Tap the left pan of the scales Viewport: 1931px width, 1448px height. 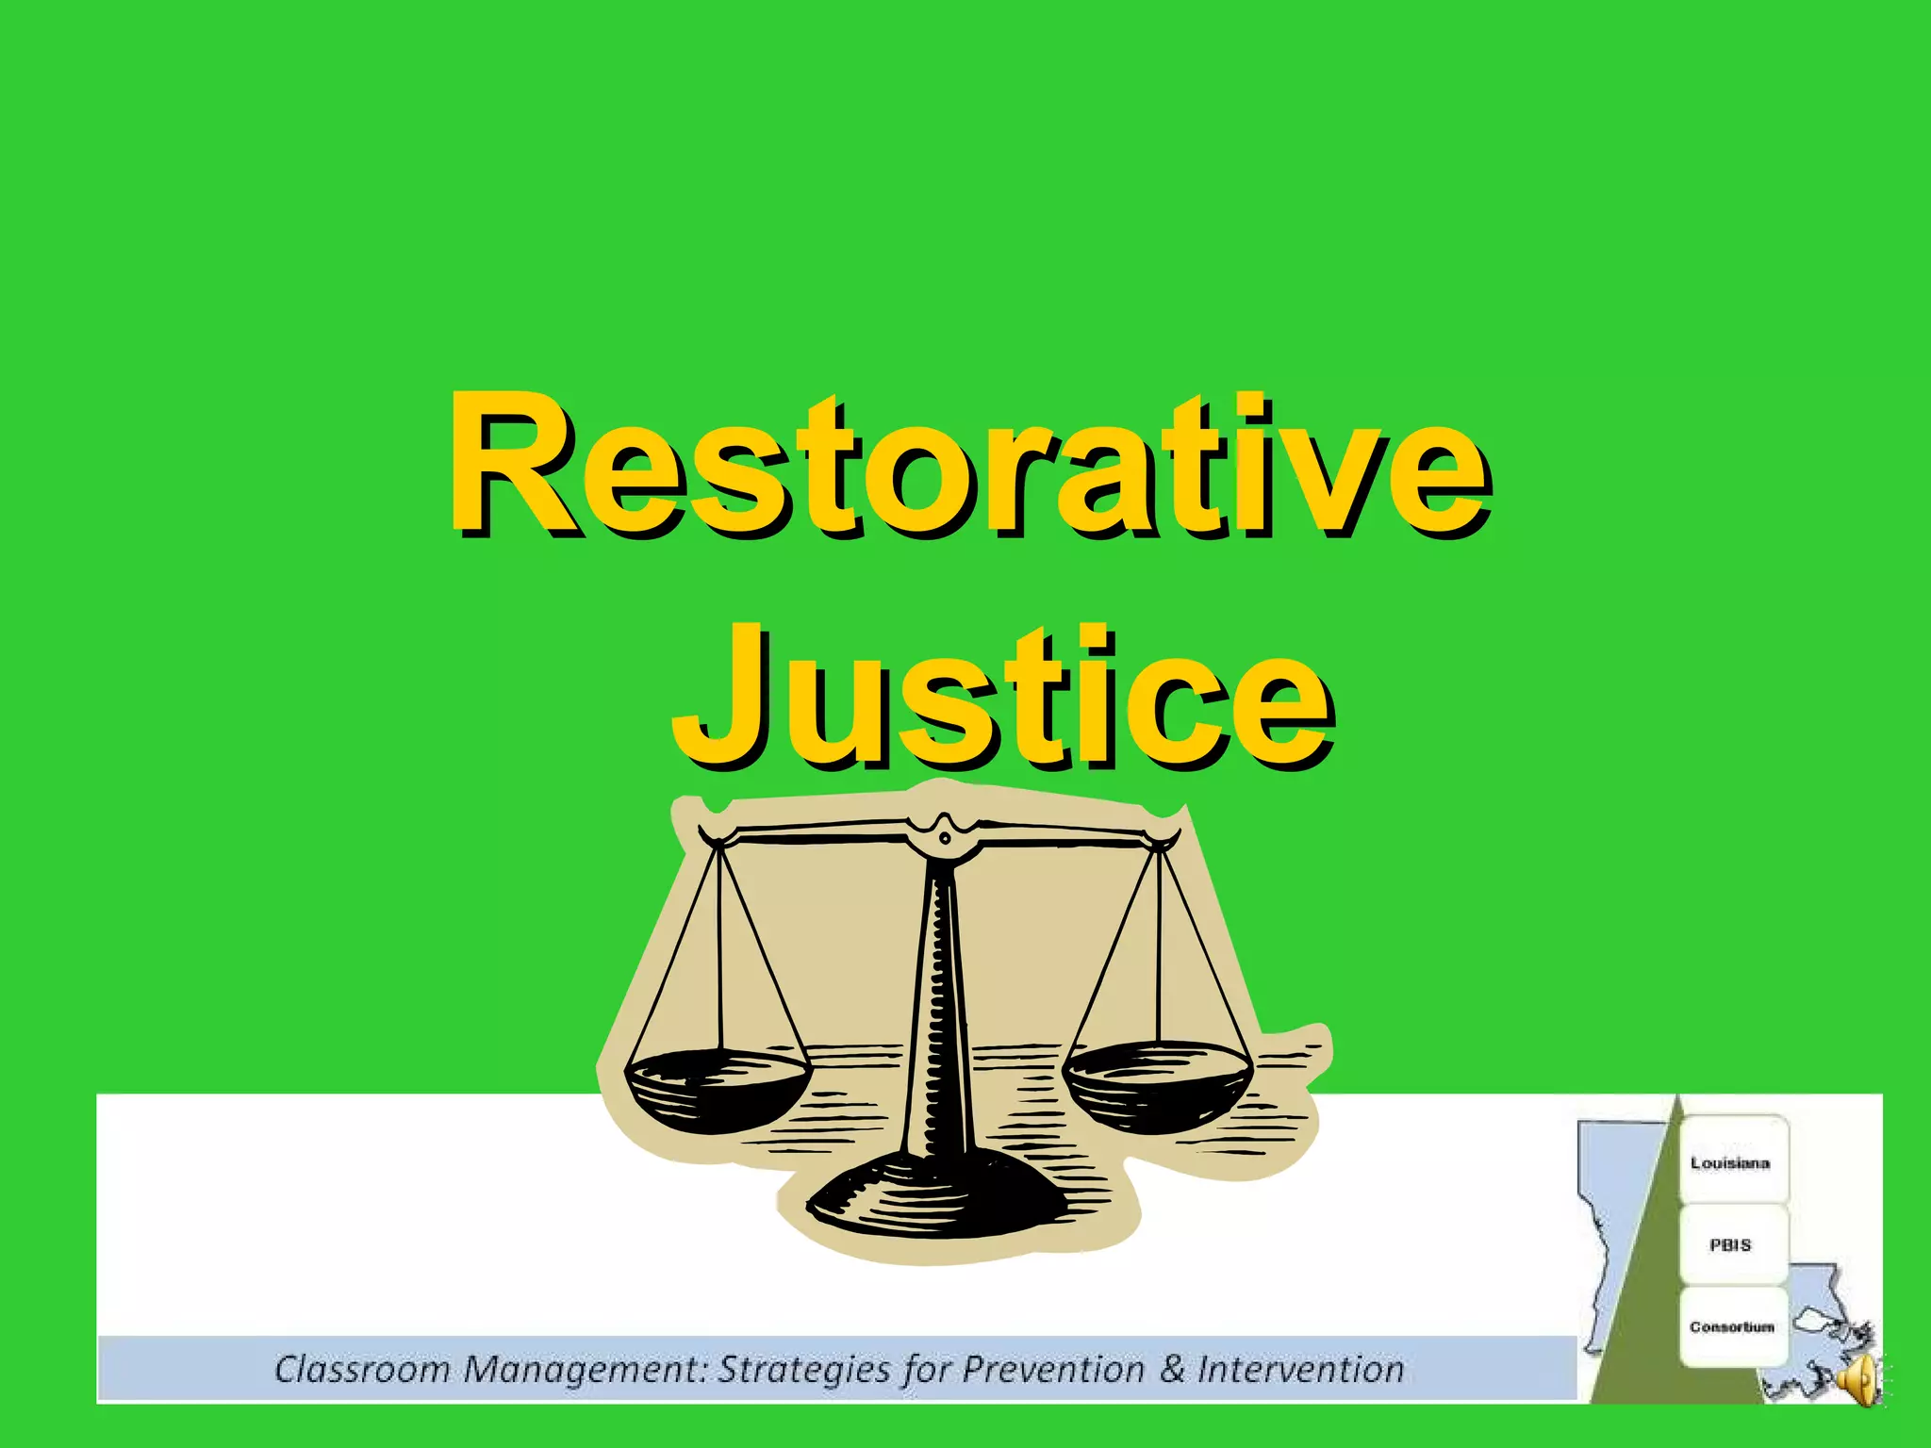[x=717, y=1084]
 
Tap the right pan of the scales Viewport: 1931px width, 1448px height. [x=1158, y=1079]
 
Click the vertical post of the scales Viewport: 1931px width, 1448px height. [x=938, y=1018]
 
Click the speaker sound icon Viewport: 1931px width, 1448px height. [x=1859, y=1382]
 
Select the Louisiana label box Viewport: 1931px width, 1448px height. [x=1730, y=1162]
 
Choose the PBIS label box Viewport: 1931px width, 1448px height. [x=1730, y=1244]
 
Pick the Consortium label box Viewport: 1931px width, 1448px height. [x=1731, y=1326]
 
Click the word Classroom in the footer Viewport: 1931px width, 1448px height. [x=362, y=1369]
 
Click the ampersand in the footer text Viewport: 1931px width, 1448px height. [x=1172, y=1369]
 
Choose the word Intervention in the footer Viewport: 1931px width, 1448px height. [x=1301, y=1369]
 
